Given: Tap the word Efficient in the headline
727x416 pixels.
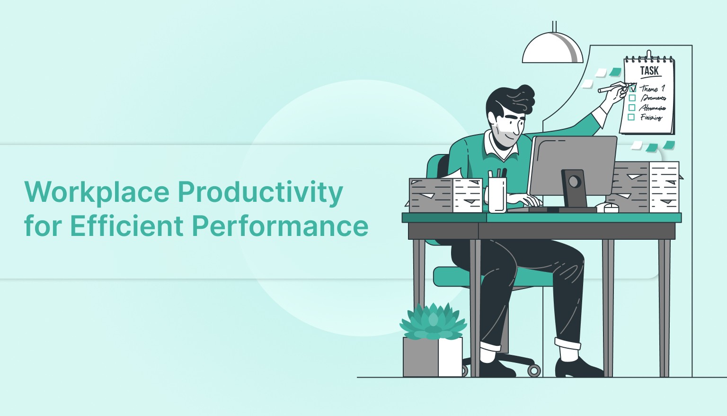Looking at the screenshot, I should [126, 226].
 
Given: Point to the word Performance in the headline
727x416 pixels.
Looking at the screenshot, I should [280, 226].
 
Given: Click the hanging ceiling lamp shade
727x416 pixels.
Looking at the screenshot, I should [552, 50].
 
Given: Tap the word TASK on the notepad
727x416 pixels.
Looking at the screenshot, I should [649, 71].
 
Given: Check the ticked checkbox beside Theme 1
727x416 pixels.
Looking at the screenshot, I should [633, 88].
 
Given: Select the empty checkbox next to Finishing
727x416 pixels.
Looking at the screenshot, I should [631, 117].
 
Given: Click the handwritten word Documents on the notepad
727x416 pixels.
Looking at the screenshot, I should [653, 98].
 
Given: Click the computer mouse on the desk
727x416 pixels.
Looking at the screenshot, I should [608, 207].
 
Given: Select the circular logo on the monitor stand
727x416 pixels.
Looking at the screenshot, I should [575, 181].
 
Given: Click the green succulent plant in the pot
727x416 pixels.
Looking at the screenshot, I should [433, 321].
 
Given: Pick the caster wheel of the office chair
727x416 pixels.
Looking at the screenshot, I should [534, 370].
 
